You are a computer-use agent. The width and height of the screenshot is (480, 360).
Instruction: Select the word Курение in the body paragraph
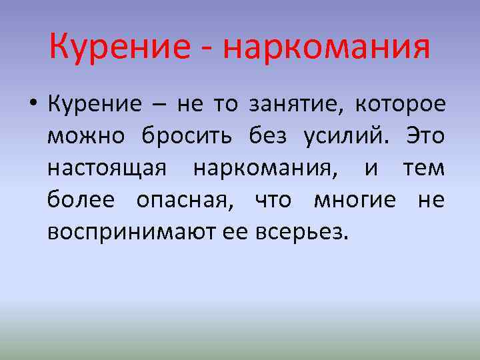(x=95, y=104)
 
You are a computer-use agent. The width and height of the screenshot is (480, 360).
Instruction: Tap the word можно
(x=86, y=136)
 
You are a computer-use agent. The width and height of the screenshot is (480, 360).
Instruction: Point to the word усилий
(x=346, y=136)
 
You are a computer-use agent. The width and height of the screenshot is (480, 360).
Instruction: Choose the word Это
(x=424, y=136)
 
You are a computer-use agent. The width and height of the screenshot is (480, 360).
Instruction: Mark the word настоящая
(x=106, y=168)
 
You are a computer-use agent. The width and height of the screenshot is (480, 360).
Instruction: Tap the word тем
(x=423, y=168)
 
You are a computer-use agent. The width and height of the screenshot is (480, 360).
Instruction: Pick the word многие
(x=355, y=199)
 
